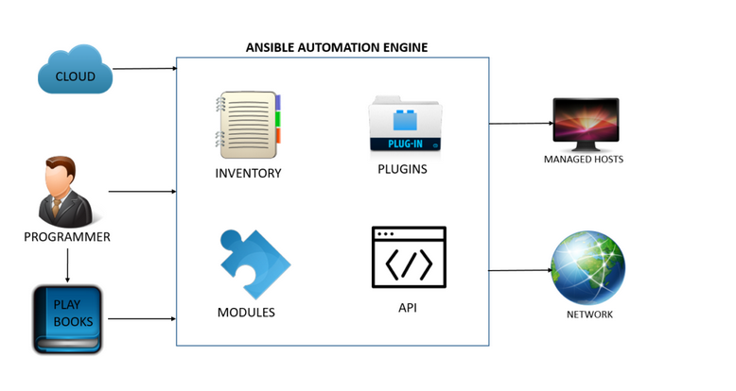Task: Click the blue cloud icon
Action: coord(75,73)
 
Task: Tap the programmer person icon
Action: coord(66,192)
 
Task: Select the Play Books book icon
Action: coord(67,319)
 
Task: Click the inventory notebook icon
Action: coord(248,126)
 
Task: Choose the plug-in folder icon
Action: coord(406,125)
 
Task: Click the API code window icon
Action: coord(409,258)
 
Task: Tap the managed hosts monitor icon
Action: coord(585,123)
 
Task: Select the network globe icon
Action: coord(588,268)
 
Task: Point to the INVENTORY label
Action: coord(248,174)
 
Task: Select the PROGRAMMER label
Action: coord(67,237)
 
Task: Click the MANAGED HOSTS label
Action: coord(584,160)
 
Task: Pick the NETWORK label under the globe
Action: coord(589,314)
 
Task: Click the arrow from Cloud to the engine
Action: coord(145,68)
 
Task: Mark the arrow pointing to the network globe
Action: coord(521,270)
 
